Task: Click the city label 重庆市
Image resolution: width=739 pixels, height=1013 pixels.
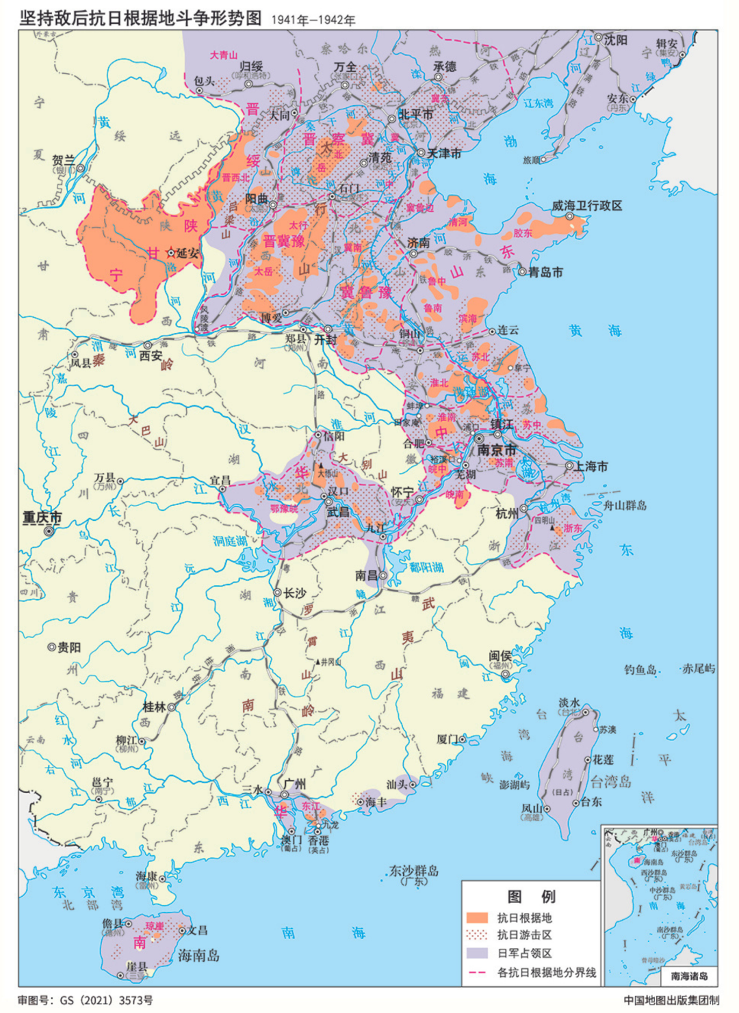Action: pyautogui.click(x=42, y=517)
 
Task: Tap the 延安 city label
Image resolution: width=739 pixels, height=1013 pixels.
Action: pyautogui.click(x=187, y=253)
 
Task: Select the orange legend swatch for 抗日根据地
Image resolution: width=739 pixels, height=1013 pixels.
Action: pyautogui.click(x=477, y=917)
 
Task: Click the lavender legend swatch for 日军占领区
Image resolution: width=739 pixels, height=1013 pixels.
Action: pyautogui.click(x=477, y=953)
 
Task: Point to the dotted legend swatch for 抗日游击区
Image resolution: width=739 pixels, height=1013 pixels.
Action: pyautogui.click(x=477, y=935)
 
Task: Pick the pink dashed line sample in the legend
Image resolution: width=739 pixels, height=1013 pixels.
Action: pyautogui.click(x=477, y=972)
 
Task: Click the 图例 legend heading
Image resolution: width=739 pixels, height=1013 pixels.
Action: pyautogui.click(x=531, y=896)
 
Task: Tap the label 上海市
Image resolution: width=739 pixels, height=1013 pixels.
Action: pyautogui.click(x=591, y=466)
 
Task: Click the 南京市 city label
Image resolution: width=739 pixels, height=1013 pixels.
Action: pyautogui.click(x=497, y=450)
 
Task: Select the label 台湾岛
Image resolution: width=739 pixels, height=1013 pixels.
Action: pyautogui.click(x=610, y=781)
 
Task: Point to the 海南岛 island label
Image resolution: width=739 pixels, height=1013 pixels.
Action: pyautogui.click(x=198, y=956)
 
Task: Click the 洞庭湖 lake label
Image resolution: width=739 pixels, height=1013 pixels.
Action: pyautogui.click(x=229, y=541)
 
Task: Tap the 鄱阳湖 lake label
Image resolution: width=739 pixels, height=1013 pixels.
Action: pyautogui.click(x=426, y=567)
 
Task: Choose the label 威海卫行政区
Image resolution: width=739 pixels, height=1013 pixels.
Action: pyautogui.click(x=587, y=205)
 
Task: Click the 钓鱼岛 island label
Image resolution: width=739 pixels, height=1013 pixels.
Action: pyautogui.click(x=640, y=669)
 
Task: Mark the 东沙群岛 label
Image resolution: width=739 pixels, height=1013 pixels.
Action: pyautogui.click(x=413, y=870)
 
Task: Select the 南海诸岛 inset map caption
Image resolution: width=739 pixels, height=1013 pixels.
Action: pyautogui.click(x=689, y=976)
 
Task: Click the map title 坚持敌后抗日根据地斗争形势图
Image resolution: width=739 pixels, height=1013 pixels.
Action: pyautogui.click(x=141, y=18)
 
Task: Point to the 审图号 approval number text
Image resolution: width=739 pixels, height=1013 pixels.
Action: pyautogui.click(x=86, y=1000)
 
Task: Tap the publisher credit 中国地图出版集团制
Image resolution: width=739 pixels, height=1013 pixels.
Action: pyautogui.click(x=671, y=1000)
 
